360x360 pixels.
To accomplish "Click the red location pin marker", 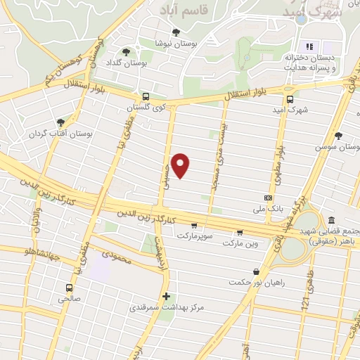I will [x=181, y=166].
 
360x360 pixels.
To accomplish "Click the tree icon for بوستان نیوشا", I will [x=176, y=32].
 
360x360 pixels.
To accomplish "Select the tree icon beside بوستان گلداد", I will [x=126, y=51].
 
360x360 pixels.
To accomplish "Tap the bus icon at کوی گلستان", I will [x=145, y=96].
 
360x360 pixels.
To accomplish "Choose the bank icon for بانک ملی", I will [x=267, y=198].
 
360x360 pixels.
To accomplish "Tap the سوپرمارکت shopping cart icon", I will [x=193, y=226].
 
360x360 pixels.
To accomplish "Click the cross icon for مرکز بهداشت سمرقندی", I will [x=166, y=296].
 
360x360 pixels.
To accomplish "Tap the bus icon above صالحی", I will [x=68, y=287].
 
